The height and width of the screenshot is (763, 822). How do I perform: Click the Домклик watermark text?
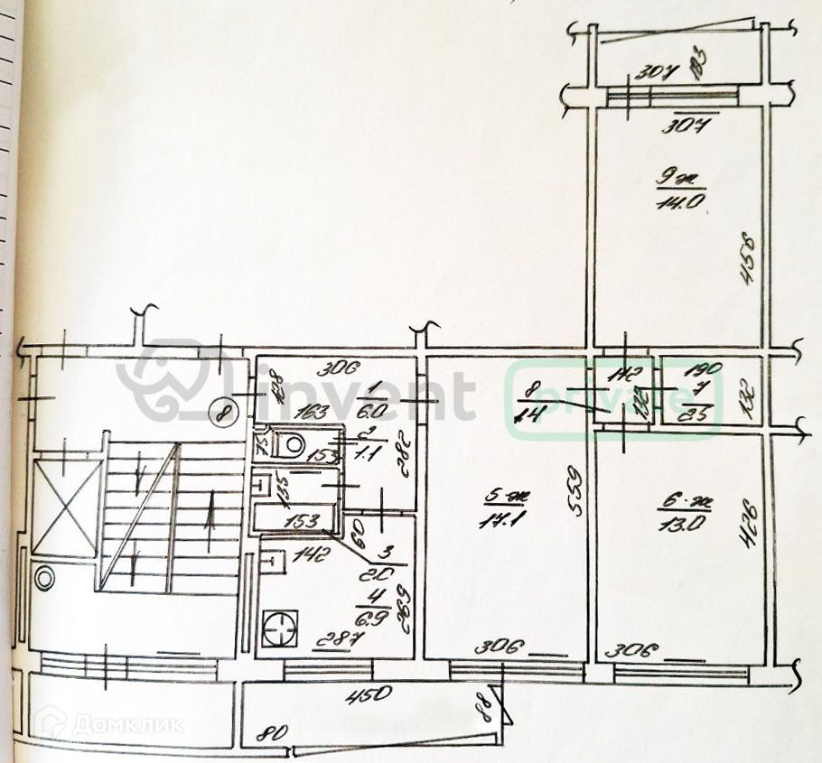[x=126, y=723]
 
